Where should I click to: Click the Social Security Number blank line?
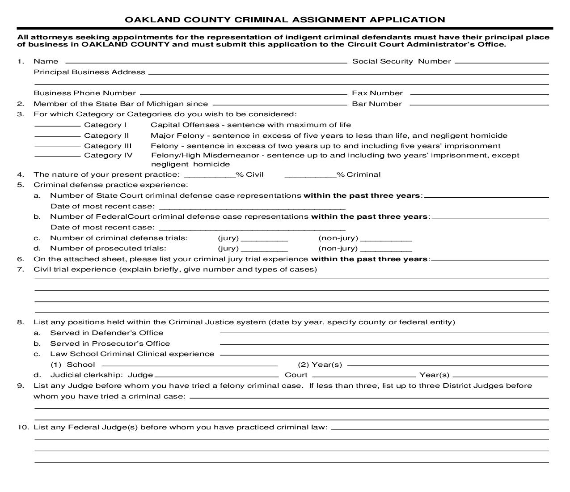(x=501, y=62)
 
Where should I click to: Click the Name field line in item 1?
(x=206, y=62)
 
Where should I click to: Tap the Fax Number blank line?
(x=479, y=93)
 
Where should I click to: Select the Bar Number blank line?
(x=479, y=104)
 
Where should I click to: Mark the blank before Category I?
(x=57, y=125)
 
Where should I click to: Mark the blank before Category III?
(x=57, y=145)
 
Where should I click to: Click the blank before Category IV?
(x=57, y=155)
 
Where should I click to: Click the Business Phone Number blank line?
(x=243, y=93)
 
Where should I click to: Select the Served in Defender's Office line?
(x=384, y=332)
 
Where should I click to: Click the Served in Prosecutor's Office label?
(x=110, y=344)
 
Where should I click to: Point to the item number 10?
(x=23, y=427)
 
